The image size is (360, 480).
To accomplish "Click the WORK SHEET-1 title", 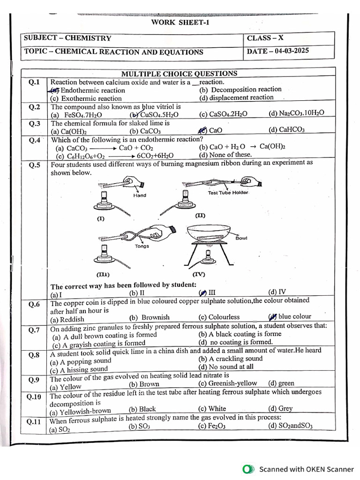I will click(179, 22).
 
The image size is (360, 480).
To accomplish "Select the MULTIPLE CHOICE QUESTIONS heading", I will click(179, 74).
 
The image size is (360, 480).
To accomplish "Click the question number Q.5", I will click(34, 165).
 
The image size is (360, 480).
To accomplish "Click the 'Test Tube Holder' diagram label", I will click(228, 193).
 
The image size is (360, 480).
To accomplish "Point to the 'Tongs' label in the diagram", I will click(142, 246).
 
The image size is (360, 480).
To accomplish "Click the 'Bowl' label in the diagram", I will click(241, 238).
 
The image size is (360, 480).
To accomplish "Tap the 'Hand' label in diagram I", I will click(140, 195).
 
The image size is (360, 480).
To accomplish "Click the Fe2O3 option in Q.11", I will click(210, 426).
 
